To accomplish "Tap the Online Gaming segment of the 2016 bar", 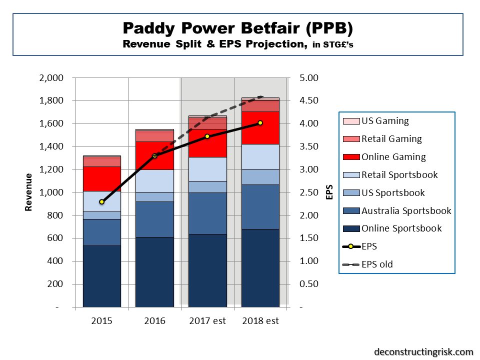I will [154, 155].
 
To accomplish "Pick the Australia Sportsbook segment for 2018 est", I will [260, 207].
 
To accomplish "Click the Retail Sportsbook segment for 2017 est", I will [207, 169].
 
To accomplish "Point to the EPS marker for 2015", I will [101, 201].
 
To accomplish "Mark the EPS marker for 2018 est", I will [260, 123].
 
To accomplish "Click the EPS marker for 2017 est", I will [207, 136].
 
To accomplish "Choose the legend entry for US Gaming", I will [385, 121].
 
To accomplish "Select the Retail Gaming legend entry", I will [391, 139].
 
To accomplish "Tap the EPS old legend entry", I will [377, 264].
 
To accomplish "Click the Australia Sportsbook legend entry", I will [406, 210].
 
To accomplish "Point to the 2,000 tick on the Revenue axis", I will [50, 78].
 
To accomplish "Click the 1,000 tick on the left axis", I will [50, 192].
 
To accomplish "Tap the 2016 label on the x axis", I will [154, 320].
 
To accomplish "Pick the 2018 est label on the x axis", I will [260, 320].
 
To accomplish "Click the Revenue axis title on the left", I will [29, 192].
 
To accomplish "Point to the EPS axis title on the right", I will [329, 192].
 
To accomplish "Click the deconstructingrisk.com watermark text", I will [423, 351].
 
